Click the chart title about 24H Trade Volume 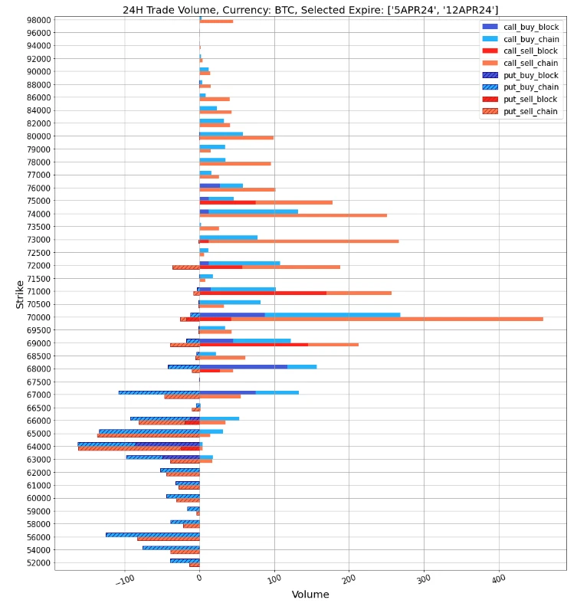(x=310, y=9)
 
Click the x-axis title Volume (x=310, y=595)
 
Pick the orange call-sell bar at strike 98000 (x=217, y=21)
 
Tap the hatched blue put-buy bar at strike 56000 (x=152, y=534)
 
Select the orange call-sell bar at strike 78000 (x=235, y=163)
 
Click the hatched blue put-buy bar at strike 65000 (x=149, y=431)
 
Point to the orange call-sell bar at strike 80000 (x=237, y=138)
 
